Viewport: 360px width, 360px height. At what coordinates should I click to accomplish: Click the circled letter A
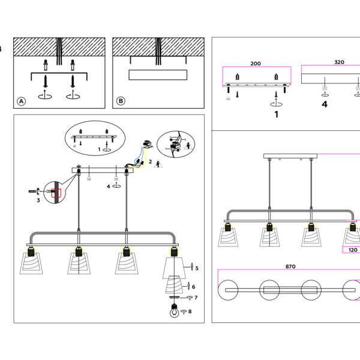tap(22, 101)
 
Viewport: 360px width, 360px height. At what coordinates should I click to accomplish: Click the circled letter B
tap(121, 101)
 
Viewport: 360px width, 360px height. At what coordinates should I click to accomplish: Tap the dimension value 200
tap(256, 63)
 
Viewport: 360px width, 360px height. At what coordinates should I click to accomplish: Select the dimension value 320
tap(339, 62)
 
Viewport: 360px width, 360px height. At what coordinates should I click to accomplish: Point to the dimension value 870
tap(290, 266)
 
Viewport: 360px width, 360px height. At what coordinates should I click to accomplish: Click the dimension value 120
tap(352, 251)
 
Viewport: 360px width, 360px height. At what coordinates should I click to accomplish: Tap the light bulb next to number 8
tap(174, 311)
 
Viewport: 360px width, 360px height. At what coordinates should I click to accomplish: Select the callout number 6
tap(193, 287)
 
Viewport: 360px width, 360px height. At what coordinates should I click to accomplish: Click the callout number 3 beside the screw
tap(38, 200)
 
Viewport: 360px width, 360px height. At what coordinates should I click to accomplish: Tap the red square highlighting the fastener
tap(56, 193)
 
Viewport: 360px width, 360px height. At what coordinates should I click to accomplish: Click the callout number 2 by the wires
tap(150, 162)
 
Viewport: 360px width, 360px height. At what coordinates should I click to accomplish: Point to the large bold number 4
tap(325, 104)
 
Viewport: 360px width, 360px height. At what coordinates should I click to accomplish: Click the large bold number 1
tap(276, 114)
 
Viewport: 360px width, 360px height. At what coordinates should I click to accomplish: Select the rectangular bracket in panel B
tap(158, 75)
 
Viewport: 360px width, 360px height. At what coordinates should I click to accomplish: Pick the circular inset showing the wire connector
tap(175, 146)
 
